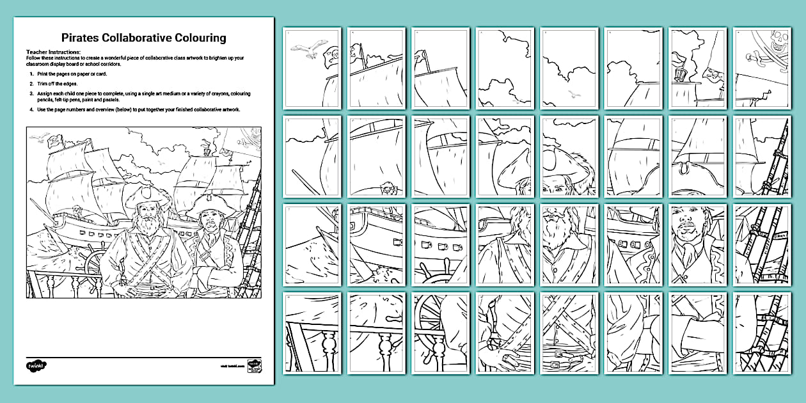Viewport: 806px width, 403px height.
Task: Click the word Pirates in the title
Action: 80,38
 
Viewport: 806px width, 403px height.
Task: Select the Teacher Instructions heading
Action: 53,51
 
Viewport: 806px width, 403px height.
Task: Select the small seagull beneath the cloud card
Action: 574,94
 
